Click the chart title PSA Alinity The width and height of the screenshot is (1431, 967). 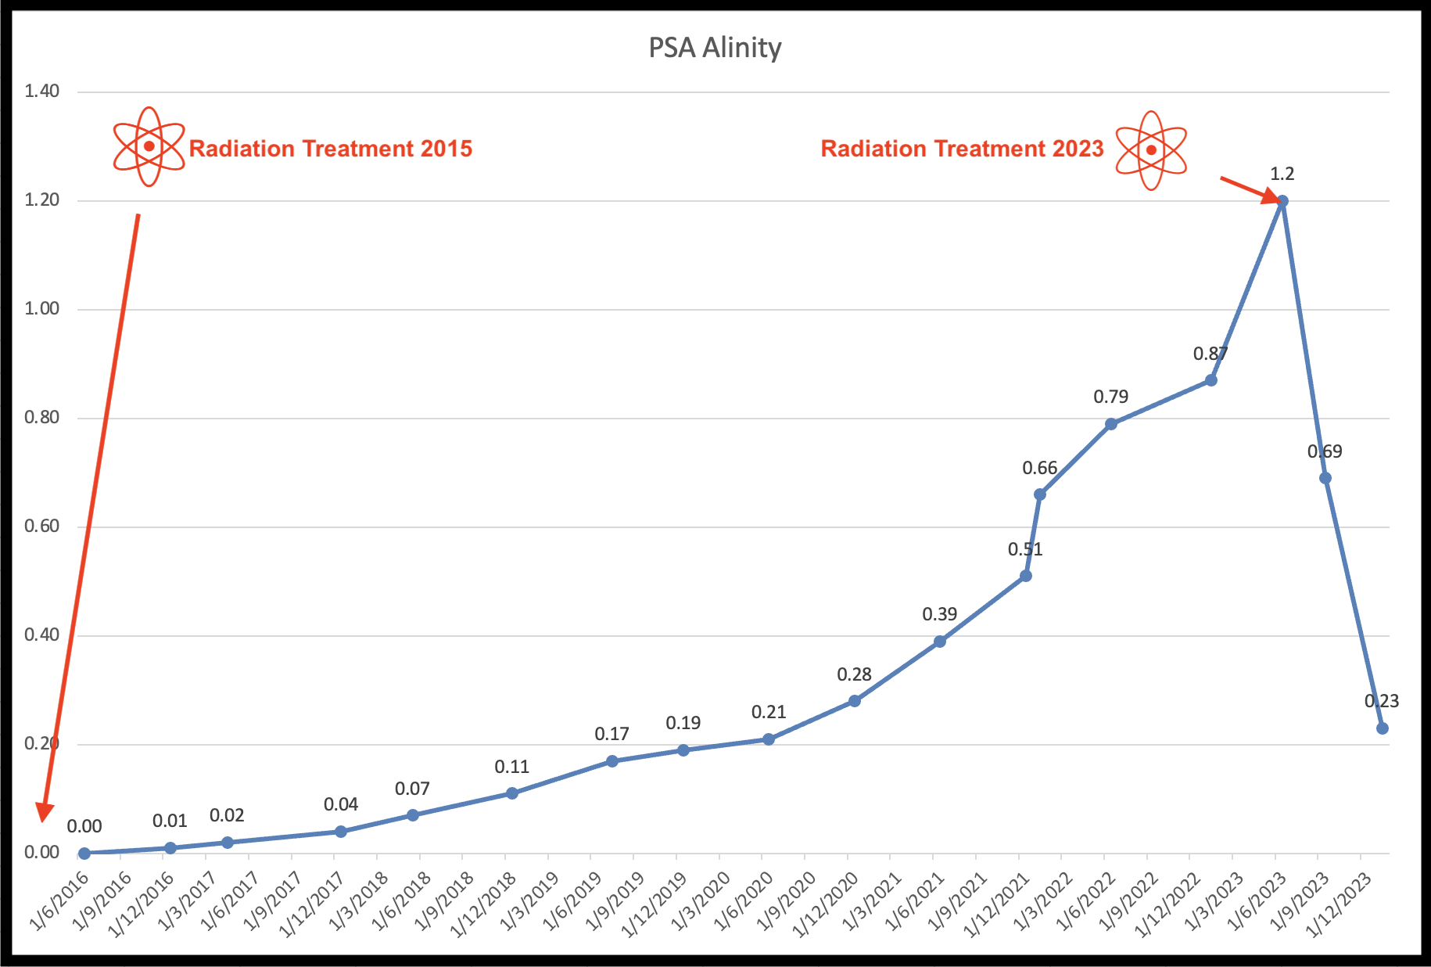(x=715, y=48)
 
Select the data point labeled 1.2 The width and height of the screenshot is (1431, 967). (x=1282, y=201)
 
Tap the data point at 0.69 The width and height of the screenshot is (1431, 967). (x=1325, y=478)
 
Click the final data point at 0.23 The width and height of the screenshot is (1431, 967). (x=1383, y=728)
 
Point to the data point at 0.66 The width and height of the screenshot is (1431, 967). (x=1040, y=494)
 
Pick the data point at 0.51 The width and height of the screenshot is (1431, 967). (x=1026, y=576)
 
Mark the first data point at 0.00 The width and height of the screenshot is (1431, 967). (x=84, y=854)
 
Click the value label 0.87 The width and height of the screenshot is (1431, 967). (x=1210, y=354)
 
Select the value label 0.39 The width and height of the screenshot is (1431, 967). (x=939, y=614)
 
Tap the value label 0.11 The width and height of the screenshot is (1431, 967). (x=511, y=767)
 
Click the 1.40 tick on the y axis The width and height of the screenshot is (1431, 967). (x=41, y=91)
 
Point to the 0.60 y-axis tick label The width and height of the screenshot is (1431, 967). (x=41, y=526)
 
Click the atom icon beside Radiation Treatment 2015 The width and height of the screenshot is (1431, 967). (x=149, y=146)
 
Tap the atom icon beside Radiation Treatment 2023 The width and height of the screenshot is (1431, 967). (x=1151, y=150)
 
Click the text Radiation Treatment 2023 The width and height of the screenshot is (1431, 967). (x=962, y=149)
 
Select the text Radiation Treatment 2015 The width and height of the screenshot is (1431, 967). (x=331, y=149)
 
